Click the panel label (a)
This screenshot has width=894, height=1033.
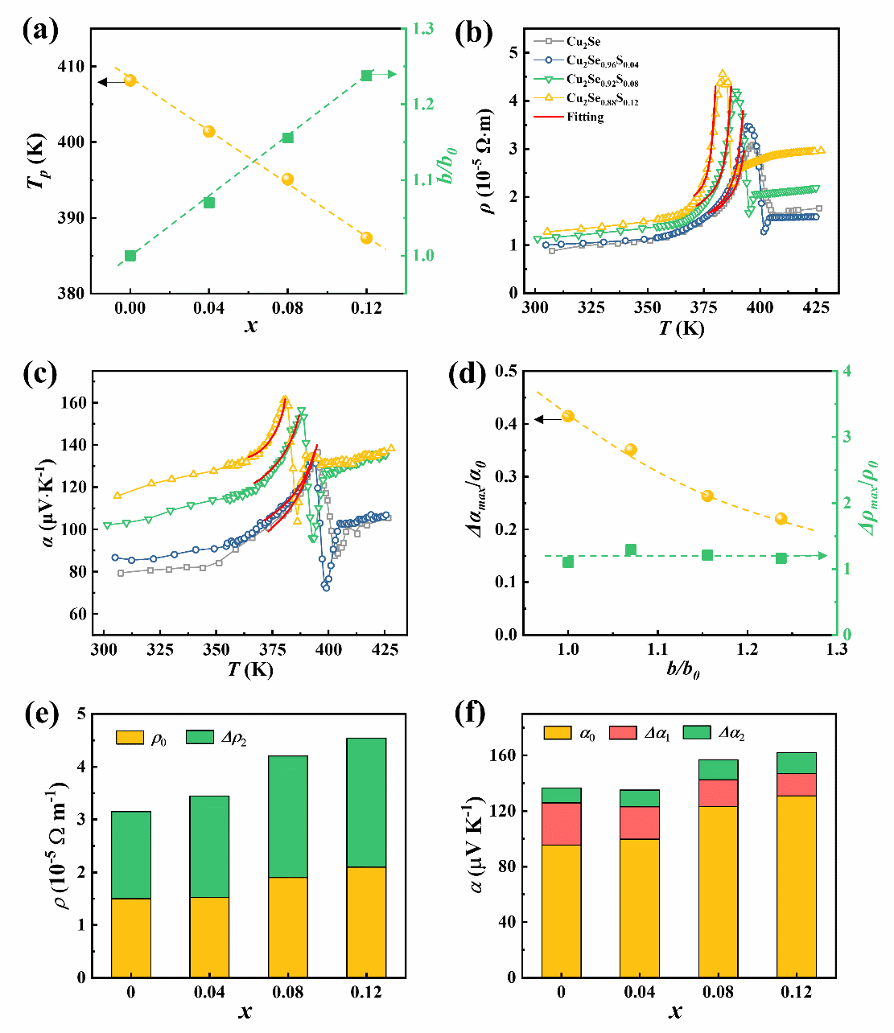click(x=40, y=32)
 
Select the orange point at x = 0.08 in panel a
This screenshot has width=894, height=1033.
click(x=287, y=179)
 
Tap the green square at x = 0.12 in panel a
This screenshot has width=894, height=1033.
click(x=366, y=76)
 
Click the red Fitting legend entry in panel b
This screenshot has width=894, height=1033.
click(x=584, y=117)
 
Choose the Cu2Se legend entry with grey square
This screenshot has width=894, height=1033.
click(x=583, y=42)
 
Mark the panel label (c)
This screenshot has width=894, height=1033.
click(x=40, y=376)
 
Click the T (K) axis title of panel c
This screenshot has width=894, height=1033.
click(x=249, y=669)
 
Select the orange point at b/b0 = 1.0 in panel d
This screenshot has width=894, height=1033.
click(x=568, y=416)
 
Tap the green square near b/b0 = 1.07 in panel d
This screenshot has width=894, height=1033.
click(x=631, y=550)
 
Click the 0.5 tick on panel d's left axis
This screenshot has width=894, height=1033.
click(x=505, y=371)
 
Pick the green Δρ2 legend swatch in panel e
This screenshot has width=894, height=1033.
click(x=200, y=737)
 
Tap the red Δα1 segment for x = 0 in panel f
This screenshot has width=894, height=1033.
click(x=562, y=824)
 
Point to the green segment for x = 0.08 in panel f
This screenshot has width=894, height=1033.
click(x=718, y=770)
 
